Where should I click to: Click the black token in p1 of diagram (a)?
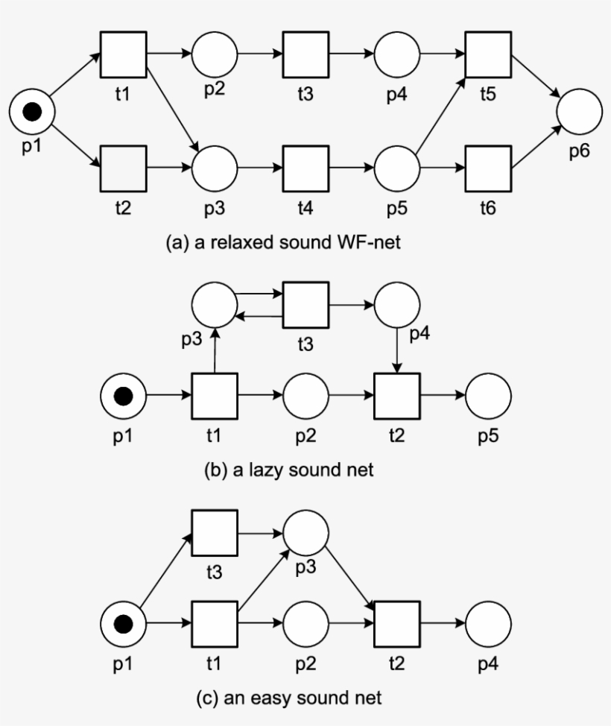(x=31, y=112)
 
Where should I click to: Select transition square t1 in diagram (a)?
(x=123, y=54)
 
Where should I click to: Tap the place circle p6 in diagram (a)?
(x=579, y=112)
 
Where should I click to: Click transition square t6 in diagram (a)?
(x=488, y=168)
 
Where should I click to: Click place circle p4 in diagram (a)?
(x=397, y=54)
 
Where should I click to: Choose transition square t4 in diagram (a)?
(x=305, y=168)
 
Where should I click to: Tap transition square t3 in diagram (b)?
(x=305, y=305)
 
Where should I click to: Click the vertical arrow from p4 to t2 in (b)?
(x=397, y=350)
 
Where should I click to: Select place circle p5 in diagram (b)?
(x=488, y=396)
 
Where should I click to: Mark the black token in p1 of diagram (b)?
(x=123, y=396)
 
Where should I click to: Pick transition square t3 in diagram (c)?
(x=215, y=532)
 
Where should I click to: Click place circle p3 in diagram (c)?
(x=305, y=532)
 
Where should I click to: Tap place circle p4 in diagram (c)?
(x=488, y=623)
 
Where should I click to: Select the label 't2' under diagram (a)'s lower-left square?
(x=123, y=209)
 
